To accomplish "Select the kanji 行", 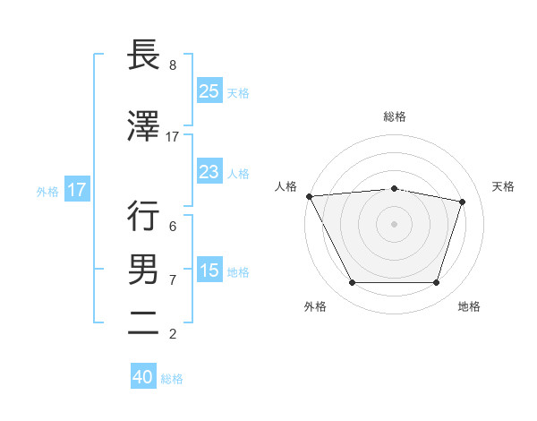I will click(x=144, y=216).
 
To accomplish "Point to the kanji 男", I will click(x=144, y=270).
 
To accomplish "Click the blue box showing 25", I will click(x=209, y=90).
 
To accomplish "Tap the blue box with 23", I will click(x=209, y=171).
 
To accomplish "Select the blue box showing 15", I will click(x=209, y=271).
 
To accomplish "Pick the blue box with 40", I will click(x=143, y=377).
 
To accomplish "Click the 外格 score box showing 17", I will click(x=76, y=190).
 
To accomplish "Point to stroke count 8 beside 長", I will click(x=172, y=65).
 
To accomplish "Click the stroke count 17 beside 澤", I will click(x=172, y=137).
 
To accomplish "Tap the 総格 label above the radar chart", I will click(x=394, y=116).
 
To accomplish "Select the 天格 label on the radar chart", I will click(x=504, y=186).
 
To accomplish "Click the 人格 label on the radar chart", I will click(x=286, y=186).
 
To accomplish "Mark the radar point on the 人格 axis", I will click(x=309, y=196).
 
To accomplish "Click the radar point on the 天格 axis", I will click(x=463, y=202).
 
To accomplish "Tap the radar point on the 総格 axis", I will click(x=394, y=188).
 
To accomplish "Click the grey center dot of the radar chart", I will click(x=394, y=224).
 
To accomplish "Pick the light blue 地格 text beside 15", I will click(x=239, y=271).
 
